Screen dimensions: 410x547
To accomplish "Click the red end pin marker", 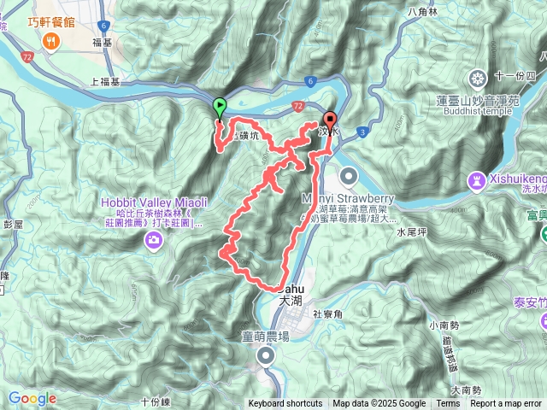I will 331,121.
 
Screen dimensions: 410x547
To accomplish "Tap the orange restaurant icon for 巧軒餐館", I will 53,41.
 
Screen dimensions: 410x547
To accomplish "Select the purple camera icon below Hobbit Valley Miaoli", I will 154,239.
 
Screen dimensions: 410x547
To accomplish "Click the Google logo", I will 32,398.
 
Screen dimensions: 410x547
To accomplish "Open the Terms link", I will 448,404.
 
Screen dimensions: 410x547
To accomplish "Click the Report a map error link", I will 507,404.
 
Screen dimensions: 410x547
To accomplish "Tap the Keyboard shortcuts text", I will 285,404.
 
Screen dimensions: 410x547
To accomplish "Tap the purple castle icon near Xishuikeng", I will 475,181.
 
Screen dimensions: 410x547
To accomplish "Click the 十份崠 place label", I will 156,401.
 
